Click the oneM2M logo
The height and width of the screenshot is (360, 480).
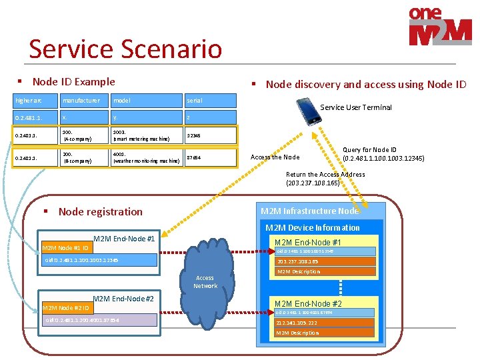tap(440, 27)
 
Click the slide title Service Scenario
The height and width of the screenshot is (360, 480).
tap(125, 49)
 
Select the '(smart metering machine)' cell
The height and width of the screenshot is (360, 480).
tap(146, 135)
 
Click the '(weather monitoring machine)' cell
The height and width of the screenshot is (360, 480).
tap(146, 157)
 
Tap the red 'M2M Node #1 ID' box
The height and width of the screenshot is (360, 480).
tap(66, 248)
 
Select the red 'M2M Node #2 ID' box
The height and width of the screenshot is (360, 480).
tap(66, 308)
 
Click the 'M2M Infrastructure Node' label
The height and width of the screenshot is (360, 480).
tap(309, 211)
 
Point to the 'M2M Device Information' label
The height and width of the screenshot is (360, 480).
tap(313, 227)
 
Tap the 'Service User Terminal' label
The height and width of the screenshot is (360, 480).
tap(356, 107)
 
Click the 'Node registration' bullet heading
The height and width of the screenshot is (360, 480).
tap(100, 211)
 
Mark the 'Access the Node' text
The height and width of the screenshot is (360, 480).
tap(275, 157)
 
